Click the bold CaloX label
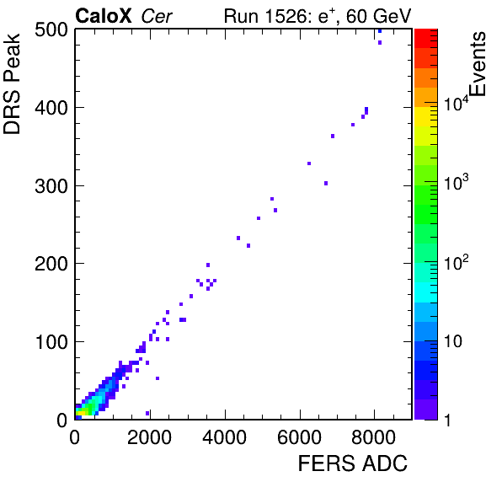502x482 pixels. (x=104, y=16)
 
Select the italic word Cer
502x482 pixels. (x=157, y=16)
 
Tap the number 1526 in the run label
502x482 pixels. (x=286, y=16)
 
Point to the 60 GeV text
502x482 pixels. (x=379, y=17)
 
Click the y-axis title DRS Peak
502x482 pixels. (x=12, y=83)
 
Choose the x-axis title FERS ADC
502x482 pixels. (x=353, y=463)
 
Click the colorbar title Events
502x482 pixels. (x=478, y=64)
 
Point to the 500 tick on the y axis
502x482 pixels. (x=51, y=30)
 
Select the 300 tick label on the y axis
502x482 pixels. (x=51, y=186)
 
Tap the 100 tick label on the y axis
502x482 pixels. (x=51, y=342)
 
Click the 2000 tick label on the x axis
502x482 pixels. (x=150, y=437)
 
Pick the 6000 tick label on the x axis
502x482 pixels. (x=299, y=437)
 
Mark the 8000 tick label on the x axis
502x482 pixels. (x=374, y=437)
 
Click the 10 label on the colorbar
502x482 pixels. (x=453, y=342)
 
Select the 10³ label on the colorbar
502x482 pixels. (x=456, y=183)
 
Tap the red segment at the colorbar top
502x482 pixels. (x=426, y=39)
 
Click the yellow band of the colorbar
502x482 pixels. (x=426, y=116)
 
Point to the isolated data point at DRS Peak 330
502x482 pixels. (x=309, y=163)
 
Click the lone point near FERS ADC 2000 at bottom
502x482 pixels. (x=147, y=413)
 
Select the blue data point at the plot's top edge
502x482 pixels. (x=380, y=31)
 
